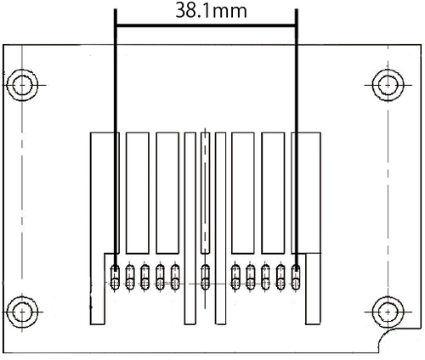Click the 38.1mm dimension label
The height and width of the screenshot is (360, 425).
pos(211,11)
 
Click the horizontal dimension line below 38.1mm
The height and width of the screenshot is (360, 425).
pos(206,25)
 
